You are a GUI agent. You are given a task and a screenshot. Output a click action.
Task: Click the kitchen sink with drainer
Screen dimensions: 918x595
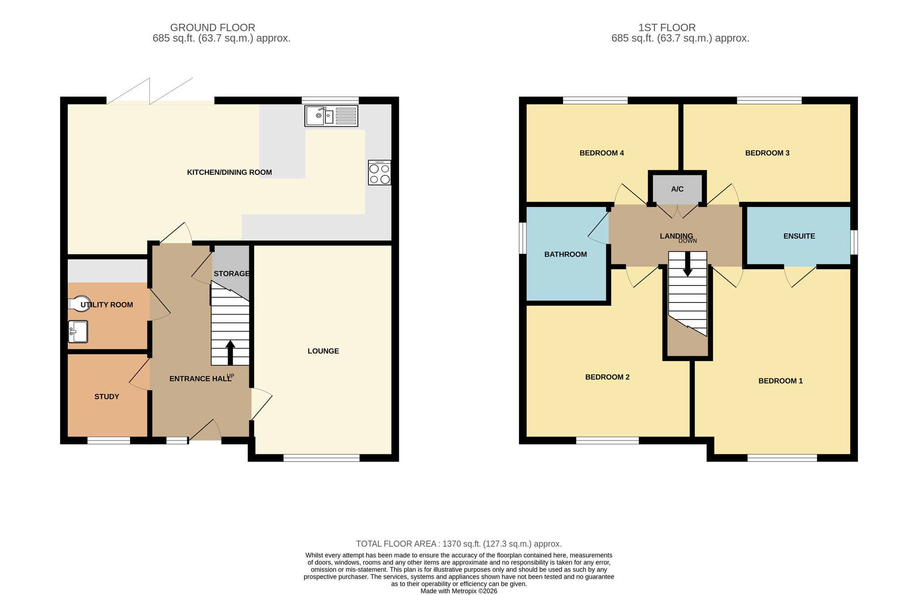click(x=331, y=116)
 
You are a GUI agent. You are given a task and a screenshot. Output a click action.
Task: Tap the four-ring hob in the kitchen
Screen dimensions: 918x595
click(x=379, y=172)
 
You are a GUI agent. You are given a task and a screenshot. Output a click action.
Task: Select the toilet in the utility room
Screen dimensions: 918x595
click(x=79, y=304)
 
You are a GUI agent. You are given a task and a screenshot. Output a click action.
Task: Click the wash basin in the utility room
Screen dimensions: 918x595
click(x=78, y=332)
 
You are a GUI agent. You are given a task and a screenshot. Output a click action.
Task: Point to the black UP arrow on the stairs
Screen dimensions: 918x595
click(x=230, y=353)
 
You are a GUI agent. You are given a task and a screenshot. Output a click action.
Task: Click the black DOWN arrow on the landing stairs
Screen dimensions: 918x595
click(x=688, y=264)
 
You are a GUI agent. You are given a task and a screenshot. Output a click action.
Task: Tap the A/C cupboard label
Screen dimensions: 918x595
click(x=677, y=189)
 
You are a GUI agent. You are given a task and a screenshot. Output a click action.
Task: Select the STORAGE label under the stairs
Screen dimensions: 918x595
click(x=231, y=274)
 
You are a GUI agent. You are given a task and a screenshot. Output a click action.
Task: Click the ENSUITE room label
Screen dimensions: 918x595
click(x=799, y=236)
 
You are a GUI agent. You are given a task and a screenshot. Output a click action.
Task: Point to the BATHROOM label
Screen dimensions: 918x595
click(x=566, y=254)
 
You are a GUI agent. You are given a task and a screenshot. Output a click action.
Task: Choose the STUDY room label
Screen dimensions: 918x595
click(x=107, y=397)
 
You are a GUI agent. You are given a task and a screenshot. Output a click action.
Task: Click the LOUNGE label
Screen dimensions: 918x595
click(x=323, y=351)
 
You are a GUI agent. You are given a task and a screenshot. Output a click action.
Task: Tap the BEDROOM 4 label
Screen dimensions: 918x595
click(x=602, y=153)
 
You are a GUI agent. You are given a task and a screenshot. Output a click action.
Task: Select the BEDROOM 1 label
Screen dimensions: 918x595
click(x=780, y=381)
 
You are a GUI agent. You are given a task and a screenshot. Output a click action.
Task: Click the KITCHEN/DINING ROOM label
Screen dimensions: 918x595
click(x=229, y=172)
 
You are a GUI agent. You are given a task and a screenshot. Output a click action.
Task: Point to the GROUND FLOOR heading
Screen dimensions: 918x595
click(x=212, y=28)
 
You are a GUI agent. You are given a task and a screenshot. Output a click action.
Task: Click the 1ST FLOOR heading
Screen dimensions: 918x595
click(x=667, y=28)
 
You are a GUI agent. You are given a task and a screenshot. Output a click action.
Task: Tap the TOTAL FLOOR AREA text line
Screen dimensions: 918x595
click(x=459, y=544)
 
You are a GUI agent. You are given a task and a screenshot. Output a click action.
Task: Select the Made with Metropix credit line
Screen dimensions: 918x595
click(x=459, y=591)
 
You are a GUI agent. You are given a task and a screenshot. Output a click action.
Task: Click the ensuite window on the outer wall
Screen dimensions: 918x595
click(x=854, y=242)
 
